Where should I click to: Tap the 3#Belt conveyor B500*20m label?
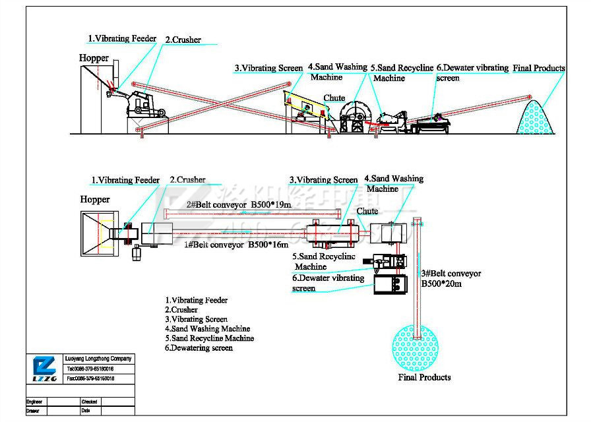pos(451,278)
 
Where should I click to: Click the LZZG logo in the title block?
pos(44,369)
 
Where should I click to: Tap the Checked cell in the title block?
pos(89,402)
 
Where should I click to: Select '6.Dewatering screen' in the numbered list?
pos(199,347)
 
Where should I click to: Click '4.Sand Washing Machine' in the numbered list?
pos(207,328)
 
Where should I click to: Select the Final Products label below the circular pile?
pos(424,377)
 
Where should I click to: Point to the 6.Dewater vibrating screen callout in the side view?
pos(472,72)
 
